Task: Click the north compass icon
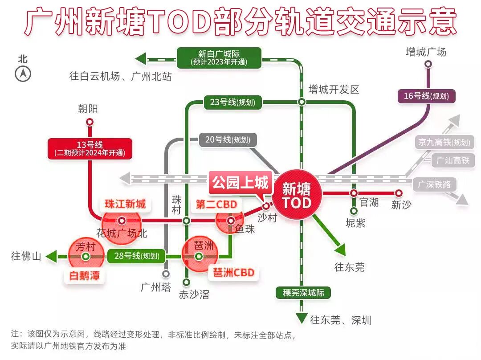[x=23, y=74]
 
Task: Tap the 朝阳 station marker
[x=90, y=122]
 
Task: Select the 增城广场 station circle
[x=428, y=64]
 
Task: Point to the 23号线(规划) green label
[x=232, y=102]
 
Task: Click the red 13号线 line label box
[x=90, y=149]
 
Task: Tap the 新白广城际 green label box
[x=218, y=58]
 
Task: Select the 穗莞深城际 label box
[x=303, y=293]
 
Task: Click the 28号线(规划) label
[x=136, y=256]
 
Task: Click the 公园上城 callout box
[x=240, y=183]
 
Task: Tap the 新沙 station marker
[x=399, y=193]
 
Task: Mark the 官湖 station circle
[x=354, y=193]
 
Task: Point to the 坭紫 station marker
[x=354, y=211]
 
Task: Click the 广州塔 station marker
[x=166, y=274]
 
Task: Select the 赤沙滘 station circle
[x=187, y=282]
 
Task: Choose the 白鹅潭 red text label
[x=85, y=276]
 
